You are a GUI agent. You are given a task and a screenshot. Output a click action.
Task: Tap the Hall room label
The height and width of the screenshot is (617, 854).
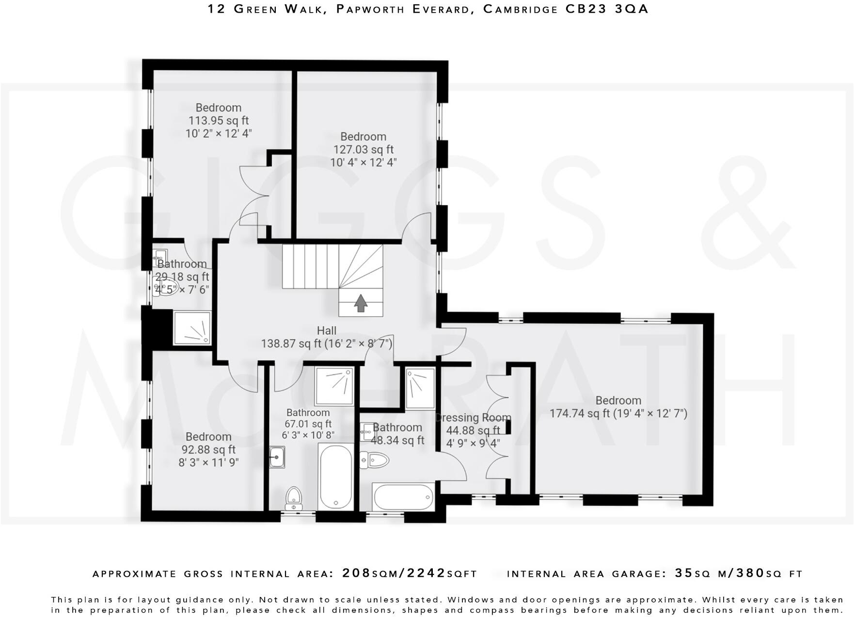(x=327, y=331)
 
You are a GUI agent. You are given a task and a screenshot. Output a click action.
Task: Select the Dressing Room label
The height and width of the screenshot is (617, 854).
(x=473, y=418)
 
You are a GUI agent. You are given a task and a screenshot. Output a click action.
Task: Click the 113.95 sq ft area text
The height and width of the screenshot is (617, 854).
(x=219, y=120)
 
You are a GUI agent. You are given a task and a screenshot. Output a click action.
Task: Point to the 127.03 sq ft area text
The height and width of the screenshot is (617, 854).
(x=364, y=149)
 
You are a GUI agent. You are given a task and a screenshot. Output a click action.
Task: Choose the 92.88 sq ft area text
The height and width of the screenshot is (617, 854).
(x=208, y=450)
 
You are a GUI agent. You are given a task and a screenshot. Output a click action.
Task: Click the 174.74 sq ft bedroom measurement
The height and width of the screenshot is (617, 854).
(x=618, y=414)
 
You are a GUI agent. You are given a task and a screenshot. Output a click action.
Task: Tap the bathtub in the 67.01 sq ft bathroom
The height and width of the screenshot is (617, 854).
(x=335, y=476)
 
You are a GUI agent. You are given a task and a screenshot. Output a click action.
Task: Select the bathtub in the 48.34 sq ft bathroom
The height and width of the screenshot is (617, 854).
(x=403, y=496)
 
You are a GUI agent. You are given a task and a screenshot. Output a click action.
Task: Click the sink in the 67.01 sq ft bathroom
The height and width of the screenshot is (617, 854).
(x=277, y=457)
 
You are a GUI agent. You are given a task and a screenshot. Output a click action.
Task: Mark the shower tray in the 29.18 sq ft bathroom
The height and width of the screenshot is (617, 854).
(x=192, y=328)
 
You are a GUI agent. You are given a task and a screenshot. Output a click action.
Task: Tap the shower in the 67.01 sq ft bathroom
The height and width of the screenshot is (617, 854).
(x=334, y=386)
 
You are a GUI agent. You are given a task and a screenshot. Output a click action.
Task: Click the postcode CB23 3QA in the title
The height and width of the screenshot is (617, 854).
(x=607, y=9)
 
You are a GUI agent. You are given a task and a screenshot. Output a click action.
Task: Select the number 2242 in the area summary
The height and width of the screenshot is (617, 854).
(x=427, y=573)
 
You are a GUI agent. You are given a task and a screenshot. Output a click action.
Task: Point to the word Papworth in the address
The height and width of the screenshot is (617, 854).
(x=371, y=9)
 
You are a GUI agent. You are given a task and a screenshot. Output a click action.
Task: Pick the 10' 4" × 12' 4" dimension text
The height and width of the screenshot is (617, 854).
(x=364, y=162)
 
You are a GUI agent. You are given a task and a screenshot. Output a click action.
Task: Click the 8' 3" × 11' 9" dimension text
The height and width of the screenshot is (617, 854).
(x=209, y=463)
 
